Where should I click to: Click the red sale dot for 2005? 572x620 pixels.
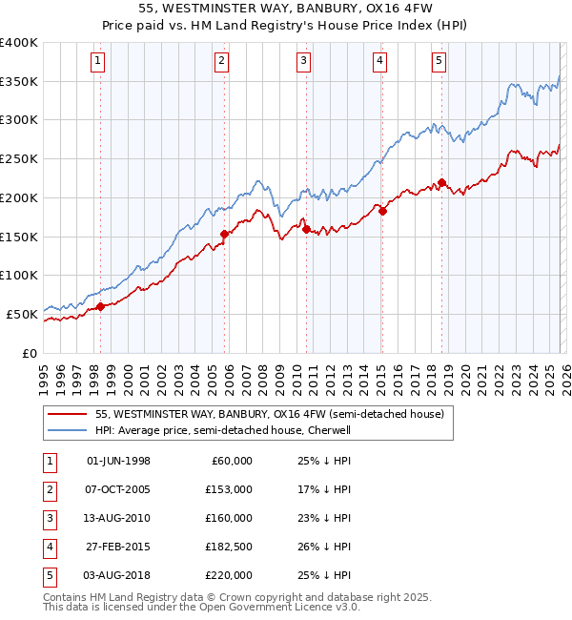coord(224,234)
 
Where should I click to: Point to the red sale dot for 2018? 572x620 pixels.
coord(442,182)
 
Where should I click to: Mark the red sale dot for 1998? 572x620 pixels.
coord(100,306)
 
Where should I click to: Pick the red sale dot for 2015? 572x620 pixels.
coord(381,212)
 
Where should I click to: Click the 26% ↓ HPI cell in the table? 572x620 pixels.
coord(324,547)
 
